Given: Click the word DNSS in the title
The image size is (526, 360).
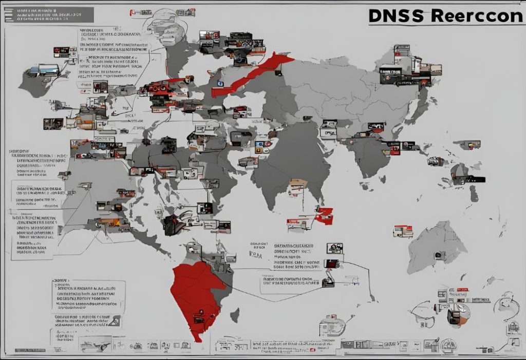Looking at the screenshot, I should click(x=396, y=15).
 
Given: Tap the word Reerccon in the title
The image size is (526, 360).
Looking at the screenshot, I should click(x=477, y=15).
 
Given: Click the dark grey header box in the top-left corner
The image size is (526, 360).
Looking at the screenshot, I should click(x=49, y=15).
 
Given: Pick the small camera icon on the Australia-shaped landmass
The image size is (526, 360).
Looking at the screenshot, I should click(x=439, y=254).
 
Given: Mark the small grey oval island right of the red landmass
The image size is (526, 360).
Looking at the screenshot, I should click(x=235, y=314).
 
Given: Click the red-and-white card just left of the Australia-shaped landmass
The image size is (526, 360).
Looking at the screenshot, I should click(x=403, y=232).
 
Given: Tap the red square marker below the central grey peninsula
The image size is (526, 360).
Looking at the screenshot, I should click(x=325, y=216).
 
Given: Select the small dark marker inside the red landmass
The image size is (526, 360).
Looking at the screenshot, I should click(x=197, y=319).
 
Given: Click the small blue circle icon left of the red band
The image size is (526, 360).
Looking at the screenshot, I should click(x=220, y=83).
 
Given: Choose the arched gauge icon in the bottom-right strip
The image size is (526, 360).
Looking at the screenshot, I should click(x=448, y=344).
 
